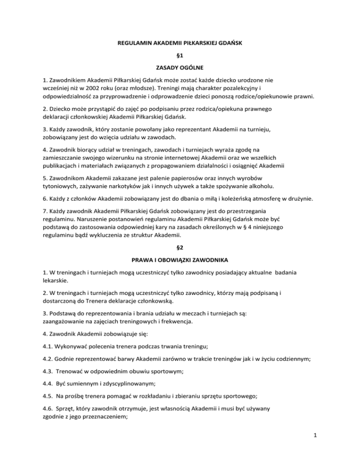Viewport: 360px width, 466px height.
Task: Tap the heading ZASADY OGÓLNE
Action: tap(180, 74)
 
